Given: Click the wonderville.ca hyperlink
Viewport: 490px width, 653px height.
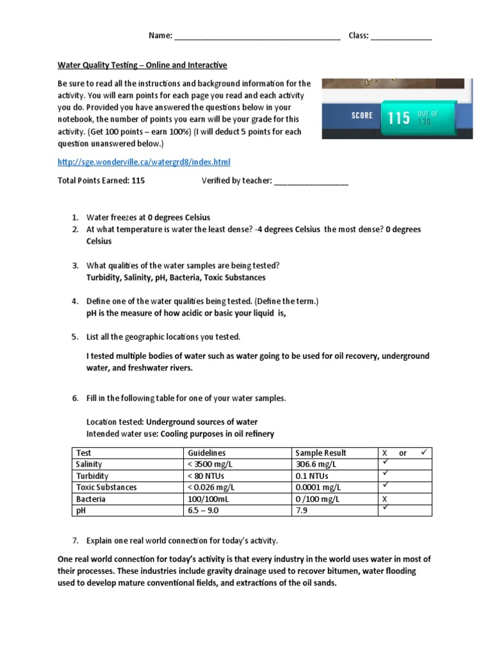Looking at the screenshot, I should [144, 163].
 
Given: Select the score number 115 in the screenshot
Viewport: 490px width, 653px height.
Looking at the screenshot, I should [399, 118].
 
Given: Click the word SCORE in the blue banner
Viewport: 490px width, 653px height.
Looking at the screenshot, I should [362, 115].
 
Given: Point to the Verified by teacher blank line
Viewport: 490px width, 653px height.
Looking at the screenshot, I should [311, 182].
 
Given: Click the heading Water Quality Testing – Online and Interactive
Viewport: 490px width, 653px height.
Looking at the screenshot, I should [142, 65].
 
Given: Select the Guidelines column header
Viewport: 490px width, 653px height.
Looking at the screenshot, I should [200, 453].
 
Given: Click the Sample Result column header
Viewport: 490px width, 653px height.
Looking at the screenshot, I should [322, 453].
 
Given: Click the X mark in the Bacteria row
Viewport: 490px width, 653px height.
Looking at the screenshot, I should [385, 499].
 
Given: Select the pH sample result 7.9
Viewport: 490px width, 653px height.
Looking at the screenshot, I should [302, 511].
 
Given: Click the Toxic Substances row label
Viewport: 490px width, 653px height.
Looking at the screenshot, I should [107, 487].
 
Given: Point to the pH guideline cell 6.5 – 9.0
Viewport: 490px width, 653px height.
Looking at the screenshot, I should [202, 511].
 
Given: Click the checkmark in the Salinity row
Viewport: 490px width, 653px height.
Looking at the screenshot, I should [385, 463].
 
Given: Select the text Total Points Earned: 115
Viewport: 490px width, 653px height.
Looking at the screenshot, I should [101, 180].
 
